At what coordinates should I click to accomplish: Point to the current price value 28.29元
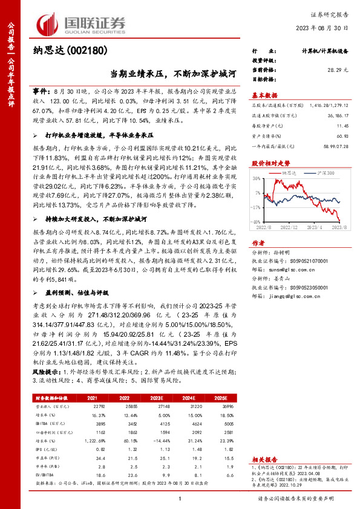(338, 70)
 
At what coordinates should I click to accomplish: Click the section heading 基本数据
(264, 95)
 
